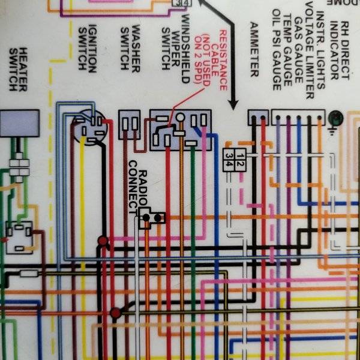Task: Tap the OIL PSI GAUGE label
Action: pos(277,50)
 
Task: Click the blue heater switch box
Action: pos(20,124)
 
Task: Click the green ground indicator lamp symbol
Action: pos(335,116)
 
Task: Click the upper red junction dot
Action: pos(103,242)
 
